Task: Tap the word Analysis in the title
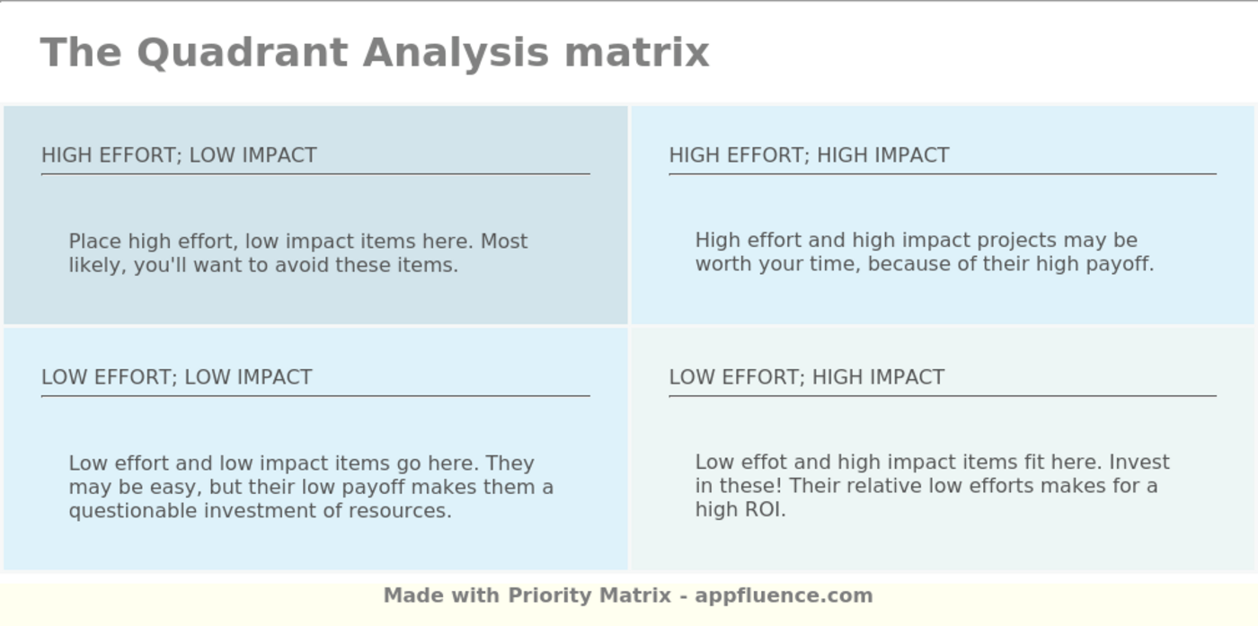455,52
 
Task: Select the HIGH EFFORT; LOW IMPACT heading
179,155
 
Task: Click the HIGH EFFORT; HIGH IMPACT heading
809,155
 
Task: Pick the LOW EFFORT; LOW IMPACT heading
176,377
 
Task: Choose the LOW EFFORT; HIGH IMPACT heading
806,377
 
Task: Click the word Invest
1138,463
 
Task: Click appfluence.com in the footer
784,595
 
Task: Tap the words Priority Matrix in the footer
589,595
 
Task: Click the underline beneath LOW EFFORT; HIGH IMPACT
942,395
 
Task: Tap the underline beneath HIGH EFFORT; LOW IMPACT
314,173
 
